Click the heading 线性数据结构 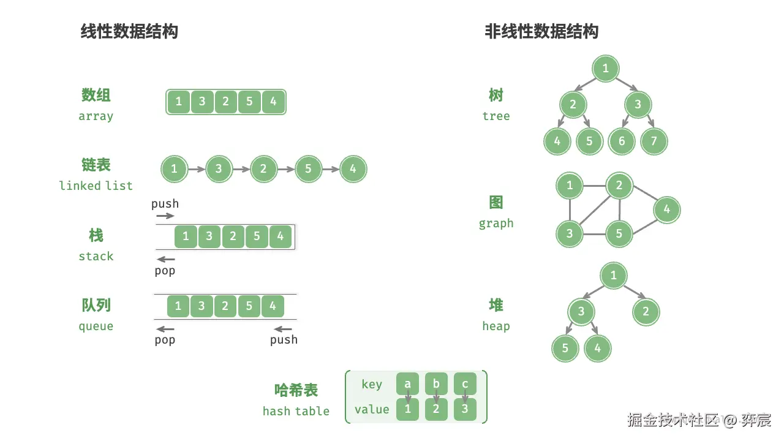point(129,31)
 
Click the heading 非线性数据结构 point(541,31)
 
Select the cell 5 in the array point(249,102)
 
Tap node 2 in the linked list point(263,169)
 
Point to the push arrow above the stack point(165,216)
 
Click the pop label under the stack point(165,270)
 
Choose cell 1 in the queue point(178,306)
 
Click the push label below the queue point(284,340)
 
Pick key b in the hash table point(436,385)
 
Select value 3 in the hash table point(465,409)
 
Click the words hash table point(296,411)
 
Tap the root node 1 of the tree point(606,69)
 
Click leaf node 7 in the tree point(654,141)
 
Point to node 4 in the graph point(666,209)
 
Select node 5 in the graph point(619,233)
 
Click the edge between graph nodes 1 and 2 point(594,186)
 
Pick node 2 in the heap point(646,312)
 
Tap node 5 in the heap point(565,349)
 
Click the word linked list point(96,186)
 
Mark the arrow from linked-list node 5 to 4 point(331,170)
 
